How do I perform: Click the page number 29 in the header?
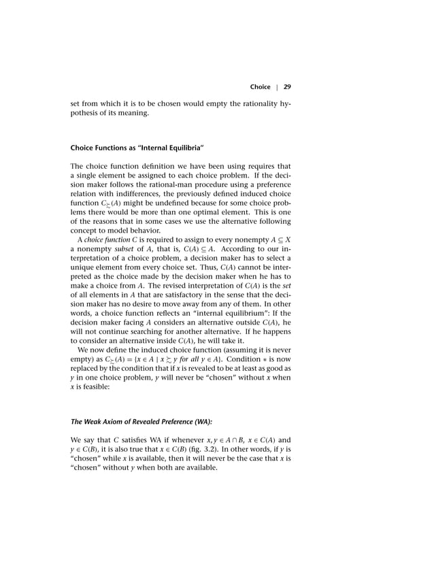[287, 87]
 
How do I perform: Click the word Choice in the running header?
[260, 87]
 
